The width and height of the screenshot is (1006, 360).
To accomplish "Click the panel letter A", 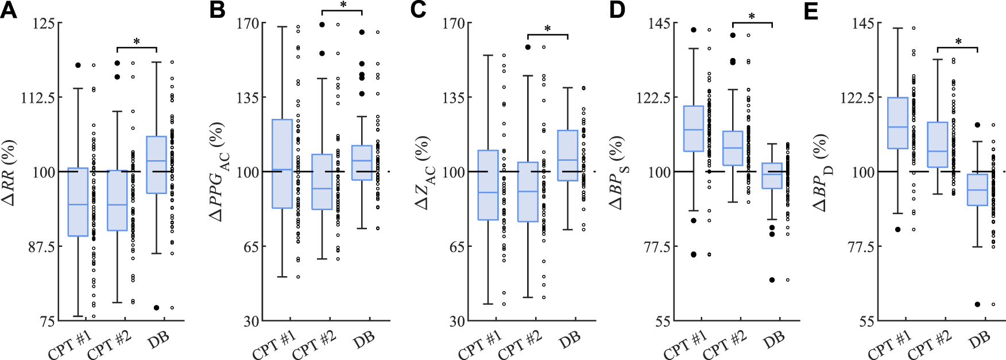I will click(9, 10).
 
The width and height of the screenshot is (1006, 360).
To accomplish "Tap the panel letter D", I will click(617, 10).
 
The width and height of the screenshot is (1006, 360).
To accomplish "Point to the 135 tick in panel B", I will click(248, 97).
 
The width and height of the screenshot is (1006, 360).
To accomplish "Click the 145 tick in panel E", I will click(863, 23).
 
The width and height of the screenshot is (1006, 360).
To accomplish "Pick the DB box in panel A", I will click(157, 165).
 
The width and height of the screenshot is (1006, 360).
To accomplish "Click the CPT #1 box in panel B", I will click(282, 164).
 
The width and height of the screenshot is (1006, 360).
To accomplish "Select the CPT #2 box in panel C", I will click(528, 192).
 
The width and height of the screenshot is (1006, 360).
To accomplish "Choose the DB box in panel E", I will click(977, 189).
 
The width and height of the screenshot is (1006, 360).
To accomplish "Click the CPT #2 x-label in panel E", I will click(928, 345).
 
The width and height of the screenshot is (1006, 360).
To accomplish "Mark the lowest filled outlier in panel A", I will click(156, 308).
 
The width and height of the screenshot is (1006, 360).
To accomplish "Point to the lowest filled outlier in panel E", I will click(977, 304).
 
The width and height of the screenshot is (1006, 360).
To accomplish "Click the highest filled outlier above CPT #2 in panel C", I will click(528, 47).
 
